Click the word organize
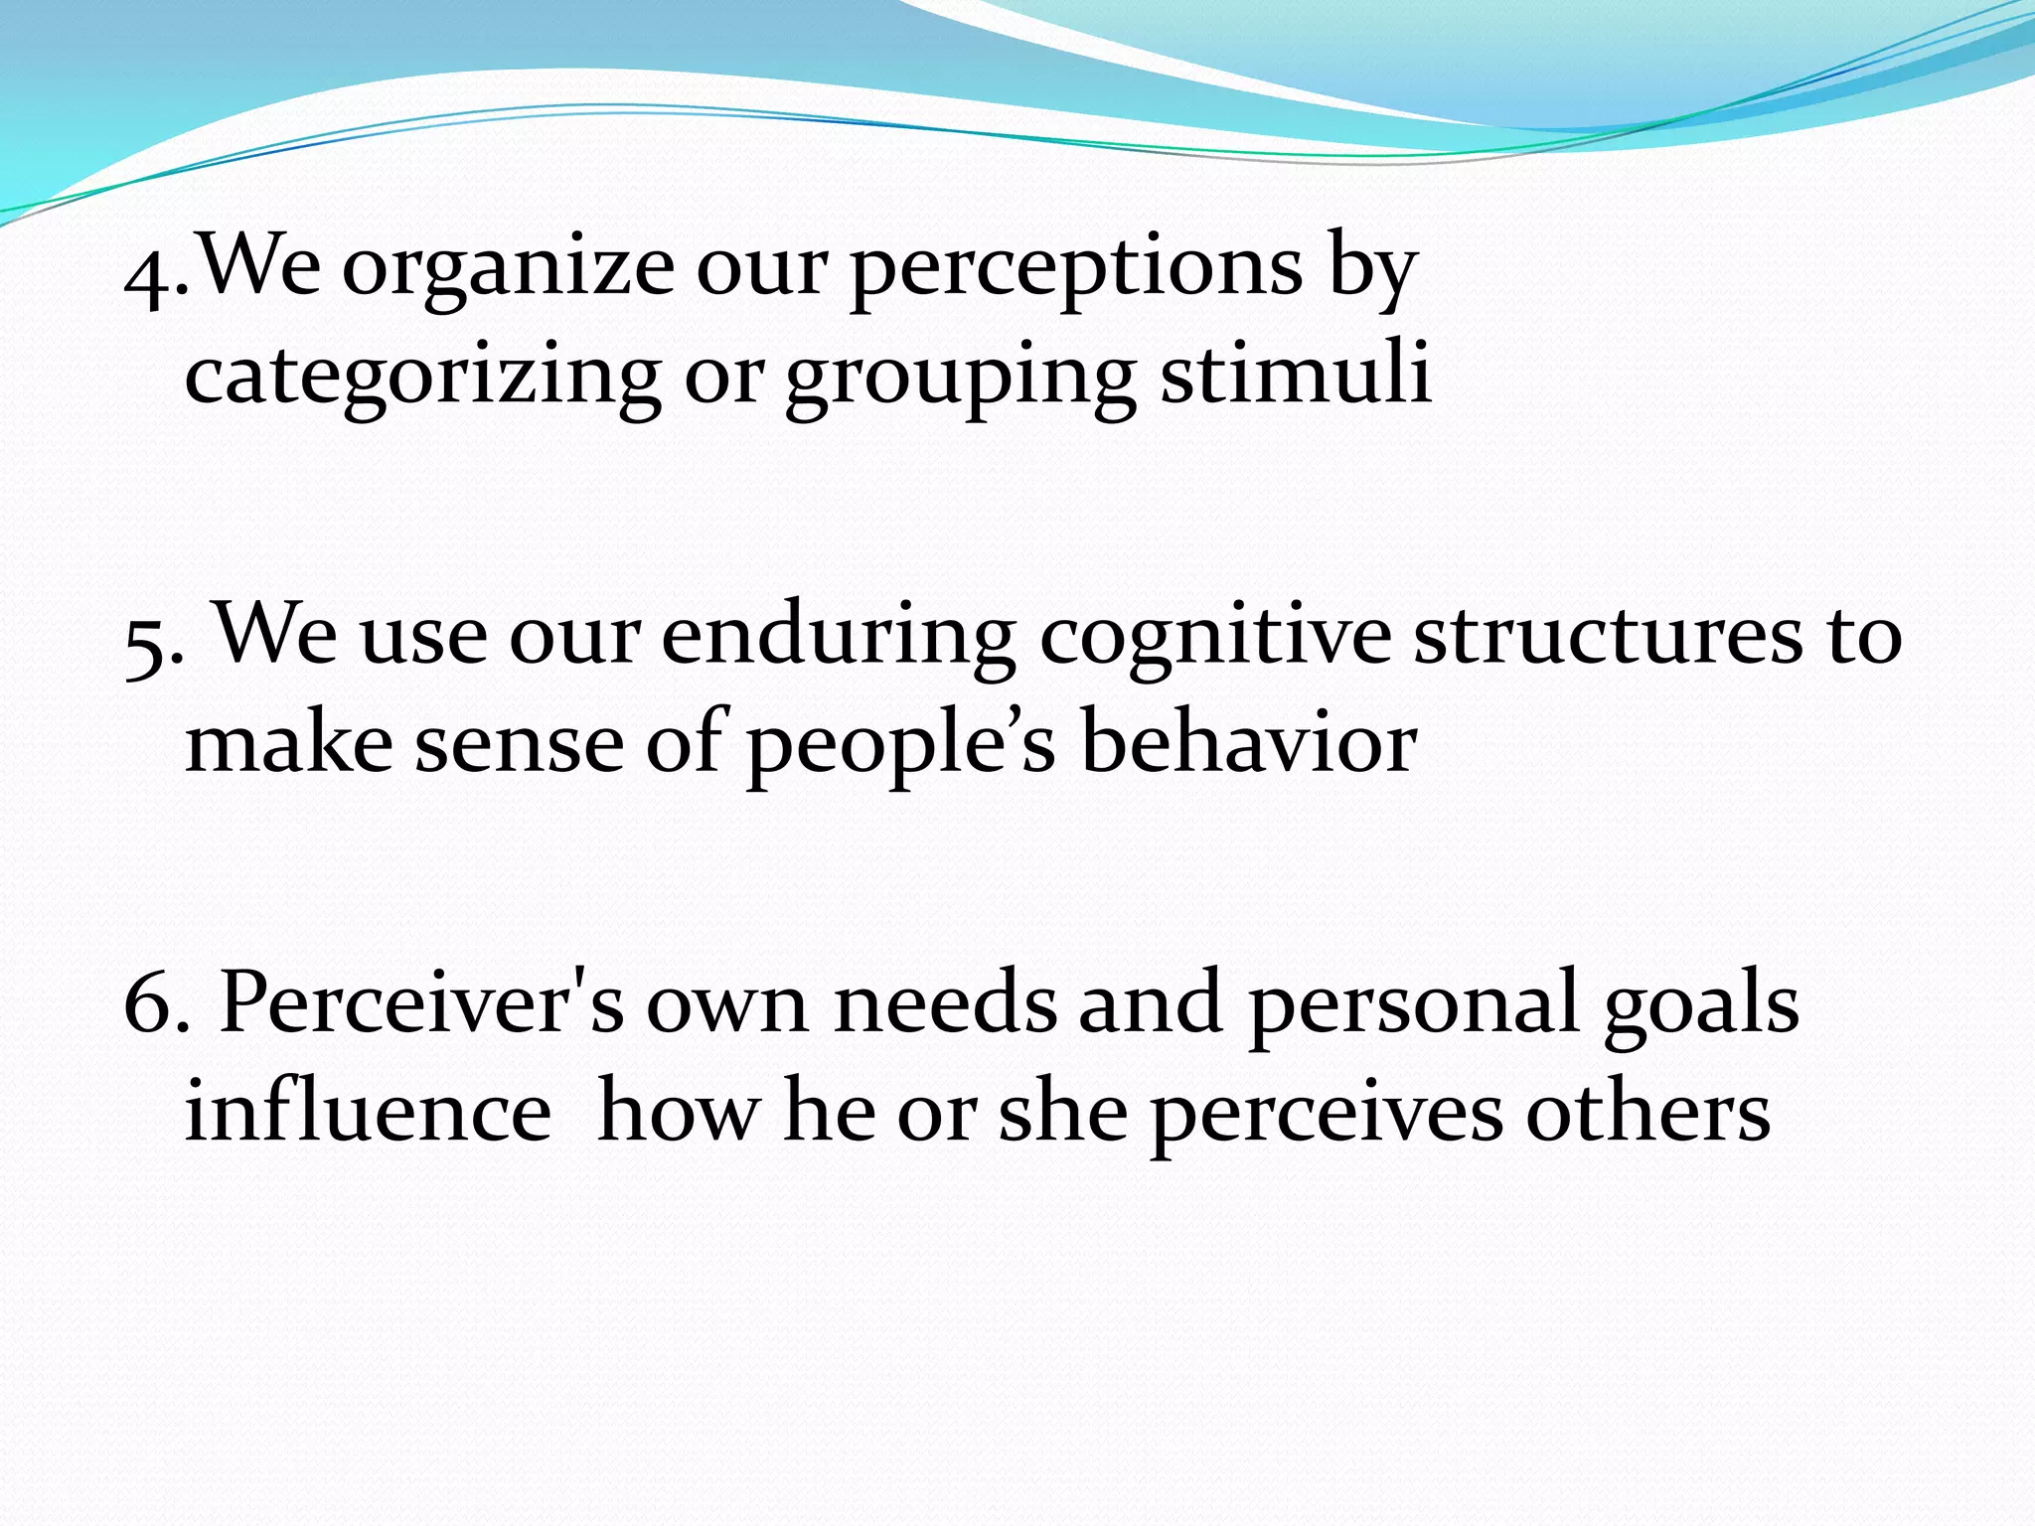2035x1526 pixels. coord(507,270)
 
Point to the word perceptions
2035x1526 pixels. coord(1076,270)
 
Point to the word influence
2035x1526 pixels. coord(368,1110)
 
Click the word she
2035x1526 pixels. coord(1062,1110)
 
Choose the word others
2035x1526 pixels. coord(1648,1110)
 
